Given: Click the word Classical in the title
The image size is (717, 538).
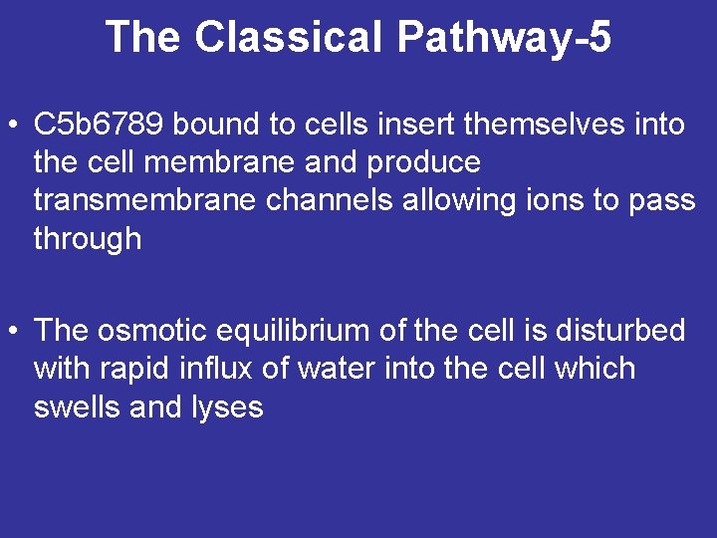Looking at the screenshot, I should pos(289,38).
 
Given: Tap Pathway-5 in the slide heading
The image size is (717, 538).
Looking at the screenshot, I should pos(504,38).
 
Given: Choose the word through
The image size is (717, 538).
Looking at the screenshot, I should pos(88,239).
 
